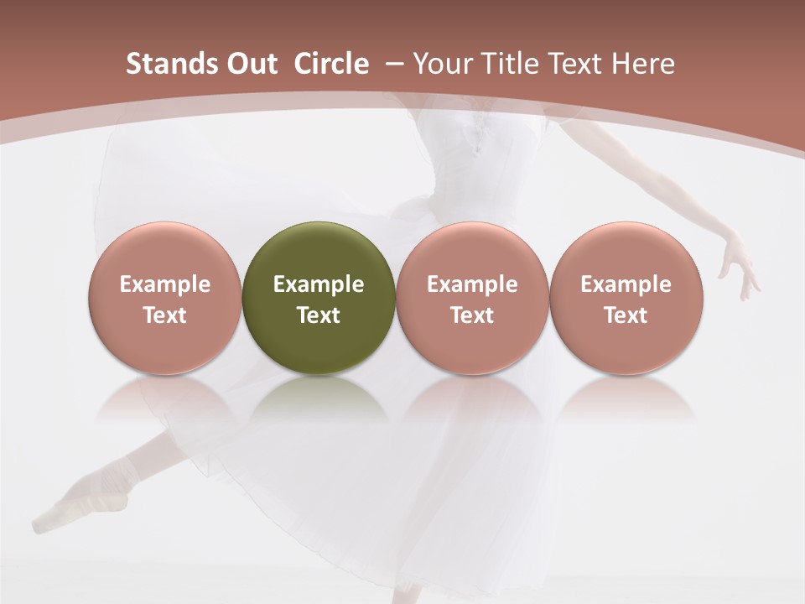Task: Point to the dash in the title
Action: pyautogui.click(x=393, y=64)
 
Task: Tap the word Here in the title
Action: pyautogui.click(x=643, y=64)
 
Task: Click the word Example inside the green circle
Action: pyautogui.click(x=319, y=284)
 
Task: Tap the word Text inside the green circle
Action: pyautogui.click(x=319, y=315)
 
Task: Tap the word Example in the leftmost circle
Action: pyautogui.click(x=164, y=284)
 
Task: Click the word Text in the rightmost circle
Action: pyautogui.click(x=626, y=315)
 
